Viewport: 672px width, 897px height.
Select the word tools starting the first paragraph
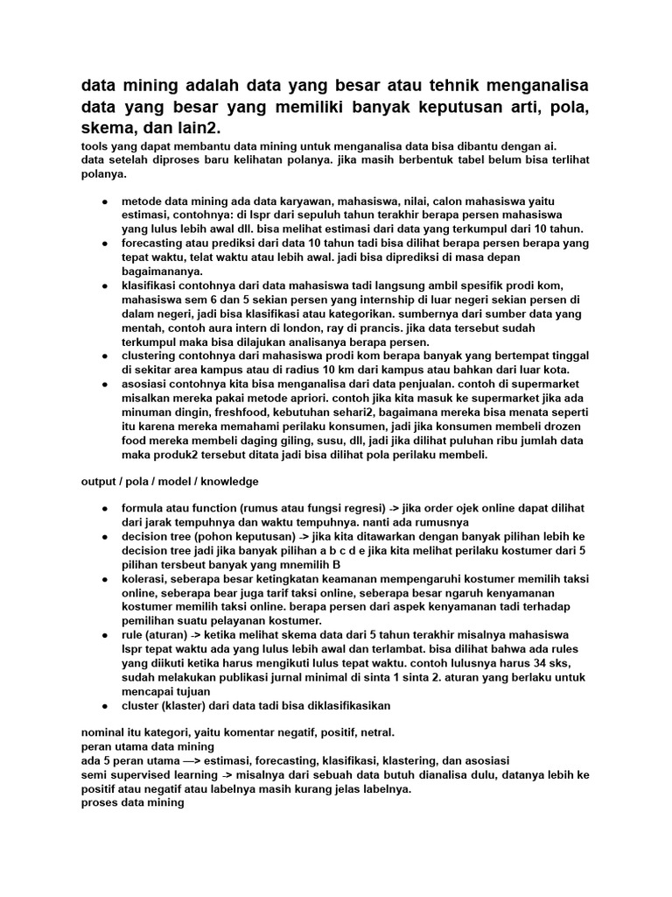94,146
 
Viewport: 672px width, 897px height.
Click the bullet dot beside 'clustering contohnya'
104,356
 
